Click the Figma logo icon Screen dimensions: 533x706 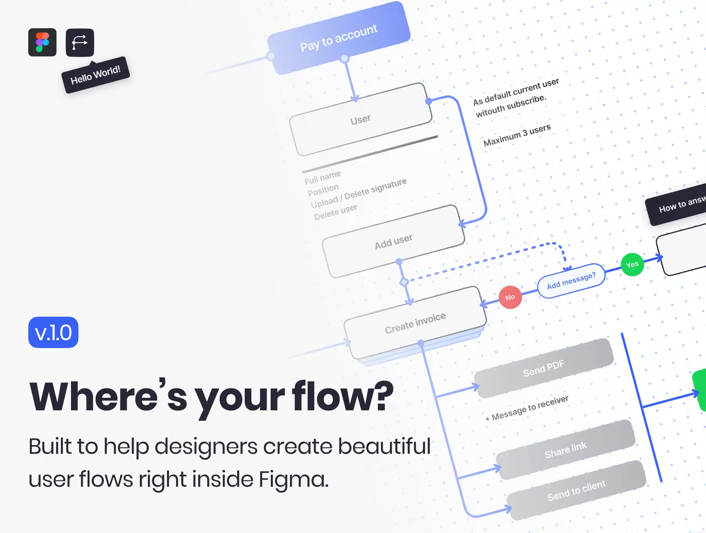point(42,42)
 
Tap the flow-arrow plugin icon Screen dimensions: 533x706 point(80,42)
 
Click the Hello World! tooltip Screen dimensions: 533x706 point(96,75)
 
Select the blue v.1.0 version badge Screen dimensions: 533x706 point(53,332)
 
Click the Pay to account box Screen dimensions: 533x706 point(339,38)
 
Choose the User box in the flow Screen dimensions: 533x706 point(360,119)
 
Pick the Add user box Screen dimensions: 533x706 point(393,241)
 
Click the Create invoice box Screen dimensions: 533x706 point(415,323)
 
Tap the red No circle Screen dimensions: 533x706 point(510,297)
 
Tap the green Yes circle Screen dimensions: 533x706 point(632,265)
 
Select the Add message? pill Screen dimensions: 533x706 point(571,281)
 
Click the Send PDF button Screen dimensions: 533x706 point(544,368)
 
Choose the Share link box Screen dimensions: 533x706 point(566,450)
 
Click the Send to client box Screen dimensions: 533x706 point(577,490)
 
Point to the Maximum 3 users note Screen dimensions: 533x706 point(517,135)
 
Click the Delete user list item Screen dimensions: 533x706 point(336,212)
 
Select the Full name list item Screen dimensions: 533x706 point(323,177)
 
